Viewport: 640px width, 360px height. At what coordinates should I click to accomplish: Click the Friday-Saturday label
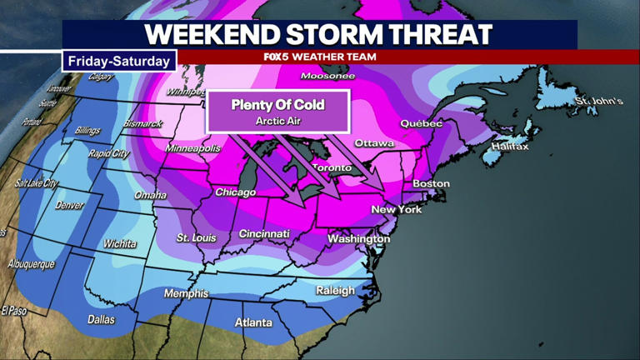[x=118, y=61]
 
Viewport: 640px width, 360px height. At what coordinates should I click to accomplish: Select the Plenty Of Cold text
[x=277, y=105]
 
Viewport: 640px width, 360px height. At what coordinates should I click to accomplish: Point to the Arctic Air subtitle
[x=277, y=122]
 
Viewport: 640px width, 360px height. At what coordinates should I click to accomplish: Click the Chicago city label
[x=235, y=192]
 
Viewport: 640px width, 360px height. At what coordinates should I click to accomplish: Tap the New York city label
[x=397, y=209]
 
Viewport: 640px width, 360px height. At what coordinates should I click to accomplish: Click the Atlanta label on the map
[x=253, y=322]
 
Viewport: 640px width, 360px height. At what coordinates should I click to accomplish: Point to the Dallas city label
[x=101, y=319]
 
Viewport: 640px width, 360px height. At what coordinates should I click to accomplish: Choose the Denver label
[x=69, y=205]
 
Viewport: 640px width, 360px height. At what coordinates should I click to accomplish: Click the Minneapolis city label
[x=192, y=148]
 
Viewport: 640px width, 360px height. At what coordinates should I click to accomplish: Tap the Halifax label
[x=510, y=147]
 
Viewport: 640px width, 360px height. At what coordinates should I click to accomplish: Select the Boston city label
[x=431, y=183]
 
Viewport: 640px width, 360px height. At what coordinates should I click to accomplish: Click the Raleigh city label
[x=335, y=290]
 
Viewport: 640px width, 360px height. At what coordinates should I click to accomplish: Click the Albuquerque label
[x=31, y=264]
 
